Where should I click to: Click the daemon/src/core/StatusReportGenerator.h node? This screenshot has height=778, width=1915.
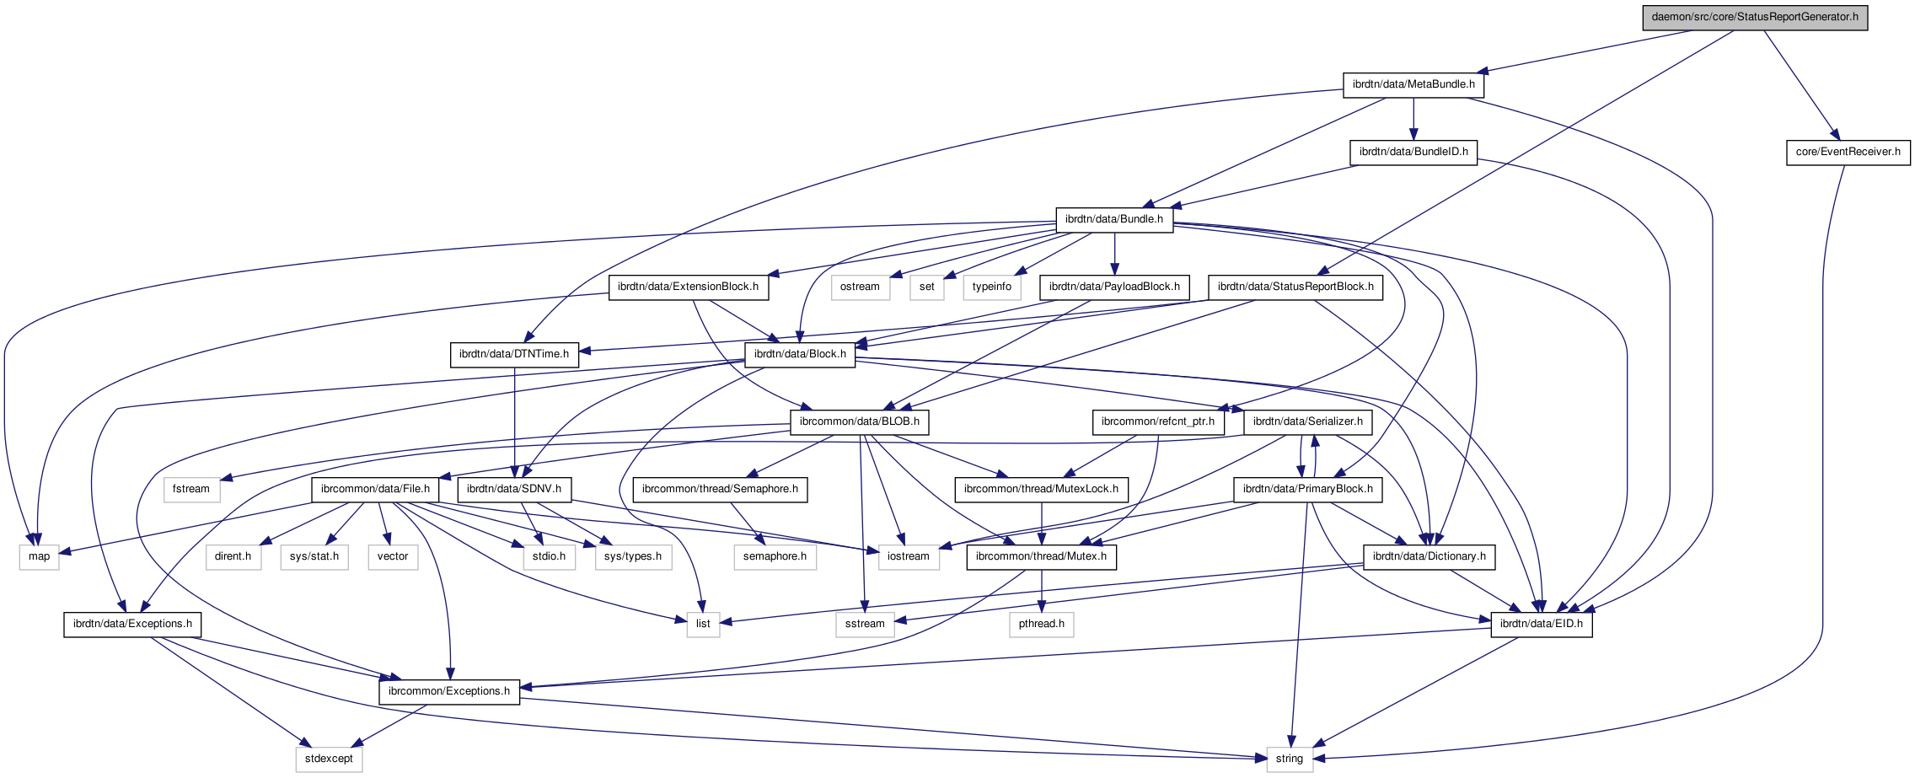pyautogui.click(x=1755, y=17)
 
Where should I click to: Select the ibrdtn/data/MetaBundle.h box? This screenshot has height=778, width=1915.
pyautogui.click(x=1413, y=84)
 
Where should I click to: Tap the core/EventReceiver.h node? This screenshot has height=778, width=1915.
pyautogui.click(x=1848, y=152)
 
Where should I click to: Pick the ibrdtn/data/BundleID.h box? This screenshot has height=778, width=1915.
pyautogui.click(x=1413, y=152)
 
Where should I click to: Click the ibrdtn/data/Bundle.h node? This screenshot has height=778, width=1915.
pyautogui.click(x=1113, y=219)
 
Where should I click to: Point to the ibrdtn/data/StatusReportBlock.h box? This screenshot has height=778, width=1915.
pyautogui.click(x=1295, y=287)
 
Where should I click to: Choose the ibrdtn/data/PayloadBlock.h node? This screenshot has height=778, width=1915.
pyautogui.click(x=1114, y=287)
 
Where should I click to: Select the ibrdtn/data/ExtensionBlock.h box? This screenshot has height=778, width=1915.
pyautogui.click(x=688, y=287)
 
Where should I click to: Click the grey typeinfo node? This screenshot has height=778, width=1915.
pyautogui.click(x=991, y=287)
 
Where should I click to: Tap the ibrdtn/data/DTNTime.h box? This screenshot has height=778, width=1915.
pyautogui.click(x=514, y=354)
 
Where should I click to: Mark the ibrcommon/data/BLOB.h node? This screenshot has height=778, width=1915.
pyautogui.click(x=859, y=421)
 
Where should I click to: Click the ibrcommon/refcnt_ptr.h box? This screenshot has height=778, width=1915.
pyautogui.click(x=1157, y=421)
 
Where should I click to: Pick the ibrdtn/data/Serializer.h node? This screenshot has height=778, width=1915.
pyautogui.click(x=1307, y=421)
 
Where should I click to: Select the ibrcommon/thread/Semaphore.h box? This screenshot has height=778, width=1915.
pyautogui.click(x=720, y=489)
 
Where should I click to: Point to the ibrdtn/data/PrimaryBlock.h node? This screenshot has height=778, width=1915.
pyautogui.click(x=1307, y=489)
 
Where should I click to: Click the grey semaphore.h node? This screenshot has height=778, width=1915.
pyautogui.click(x=775, y=556)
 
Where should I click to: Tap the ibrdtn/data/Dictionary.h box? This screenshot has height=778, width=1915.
pyautogui.click(x=1429, y=556)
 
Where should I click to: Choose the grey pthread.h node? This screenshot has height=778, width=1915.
pyautogui.click(x=1041, y=624)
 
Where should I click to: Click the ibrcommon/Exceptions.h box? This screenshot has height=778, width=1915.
pyautogui.click(x=449, y=691)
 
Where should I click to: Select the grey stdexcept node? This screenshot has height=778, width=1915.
pyautogui.click(x=329, y=759)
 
